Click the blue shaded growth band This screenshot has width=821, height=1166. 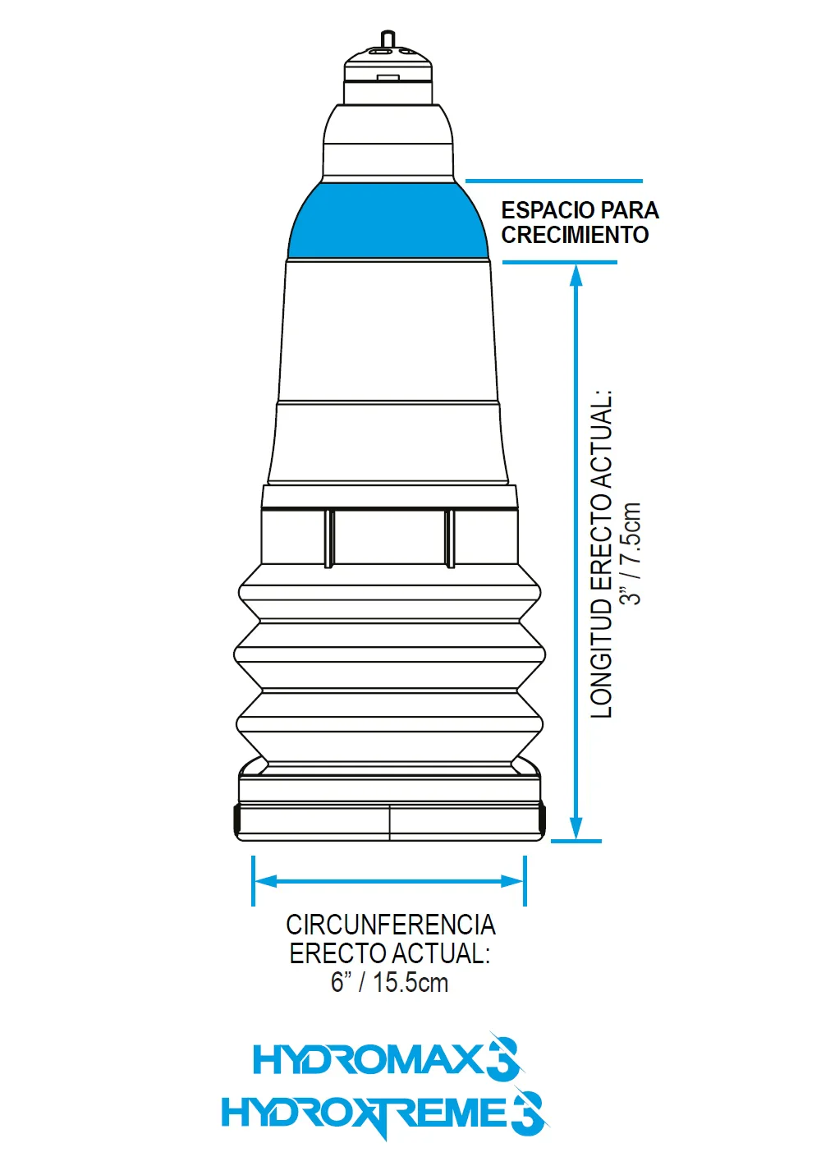[x=388, y=221]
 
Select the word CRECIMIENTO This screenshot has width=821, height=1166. [x=575, y=236]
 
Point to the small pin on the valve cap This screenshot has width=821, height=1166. [x=388, y=39]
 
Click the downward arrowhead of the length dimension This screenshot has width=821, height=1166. [x=576, y=827]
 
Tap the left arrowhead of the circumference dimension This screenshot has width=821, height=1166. [x=267, y=881]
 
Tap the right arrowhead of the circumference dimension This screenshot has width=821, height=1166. [x=511, y=881]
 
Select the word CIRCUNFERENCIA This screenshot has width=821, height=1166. [x=391, y=925]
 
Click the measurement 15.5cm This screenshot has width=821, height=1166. [x=410, y=982]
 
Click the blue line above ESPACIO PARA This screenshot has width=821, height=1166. [x=554, y=181]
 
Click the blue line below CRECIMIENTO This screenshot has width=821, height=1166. [x=560, y=263]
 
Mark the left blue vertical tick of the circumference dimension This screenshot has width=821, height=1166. [x=253, y=881]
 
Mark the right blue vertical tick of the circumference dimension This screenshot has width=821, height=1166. [x=525, y=881]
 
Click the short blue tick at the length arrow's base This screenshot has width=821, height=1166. [x=576, y=841]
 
